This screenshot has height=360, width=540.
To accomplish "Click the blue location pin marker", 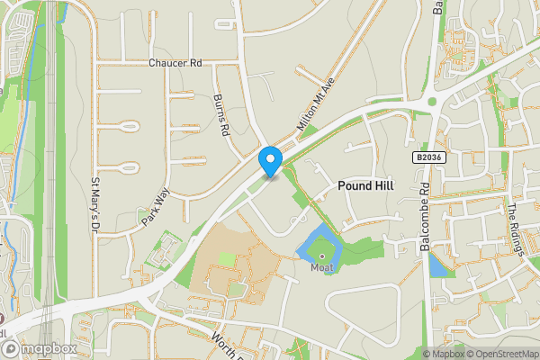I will tap(270, 161).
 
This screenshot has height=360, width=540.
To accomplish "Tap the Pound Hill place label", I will tap(366, 184).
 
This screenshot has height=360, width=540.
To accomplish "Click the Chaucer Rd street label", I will tap(176, 64).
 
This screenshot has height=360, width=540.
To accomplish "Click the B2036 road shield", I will tap(428, 157).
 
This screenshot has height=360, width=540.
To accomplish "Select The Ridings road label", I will tap(514, 229).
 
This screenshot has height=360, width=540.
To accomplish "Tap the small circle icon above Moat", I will tap(321, 256).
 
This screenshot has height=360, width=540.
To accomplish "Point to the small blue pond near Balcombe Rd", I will tap(437, 265).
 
